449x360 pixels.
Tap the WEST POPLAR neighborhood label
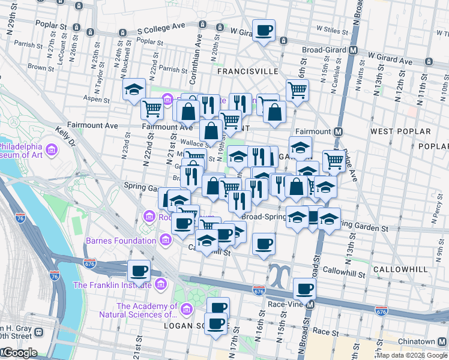point(400,131)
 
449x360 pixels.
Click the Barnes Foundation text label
point(121,241)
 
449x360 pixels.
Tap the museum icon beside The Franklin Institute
point(160,284)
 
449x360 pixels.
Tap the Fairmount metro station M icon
point(338,131)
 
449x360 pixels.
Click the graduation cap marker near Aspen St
point(133,90)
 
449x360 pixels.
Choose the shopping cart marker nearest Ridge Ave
point(334,160)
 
